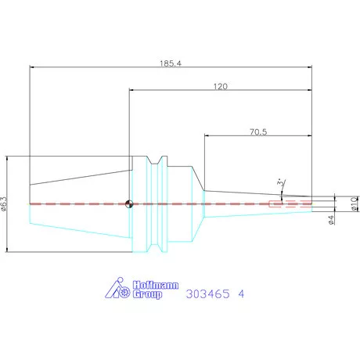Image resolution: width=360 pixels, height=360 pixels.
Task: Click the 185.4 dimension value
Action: click(171, 63)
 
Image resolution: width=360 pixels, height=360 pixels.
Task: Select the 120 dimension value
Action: click(221, 86)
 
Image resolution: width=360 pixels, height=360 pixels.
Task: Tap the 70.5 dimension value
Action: click(258, 132)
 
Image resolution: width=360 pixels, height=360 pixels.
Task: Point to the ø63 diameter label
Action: click(4, 203)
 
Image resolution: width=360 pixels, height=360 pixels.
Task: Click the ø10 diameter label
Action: click(355, 203)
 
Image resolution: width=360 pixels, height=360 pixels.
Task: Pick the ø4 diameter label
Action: click(331, 220)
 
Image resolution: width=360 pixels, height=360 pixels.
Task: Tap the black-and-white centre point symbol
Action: click(129, 204)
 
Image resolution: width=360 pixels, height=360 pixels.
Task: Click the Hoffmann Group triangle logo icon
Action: click(117, 288)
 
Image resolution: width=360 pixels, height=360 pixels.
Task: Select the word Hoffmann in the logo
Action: click(156, 285)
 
